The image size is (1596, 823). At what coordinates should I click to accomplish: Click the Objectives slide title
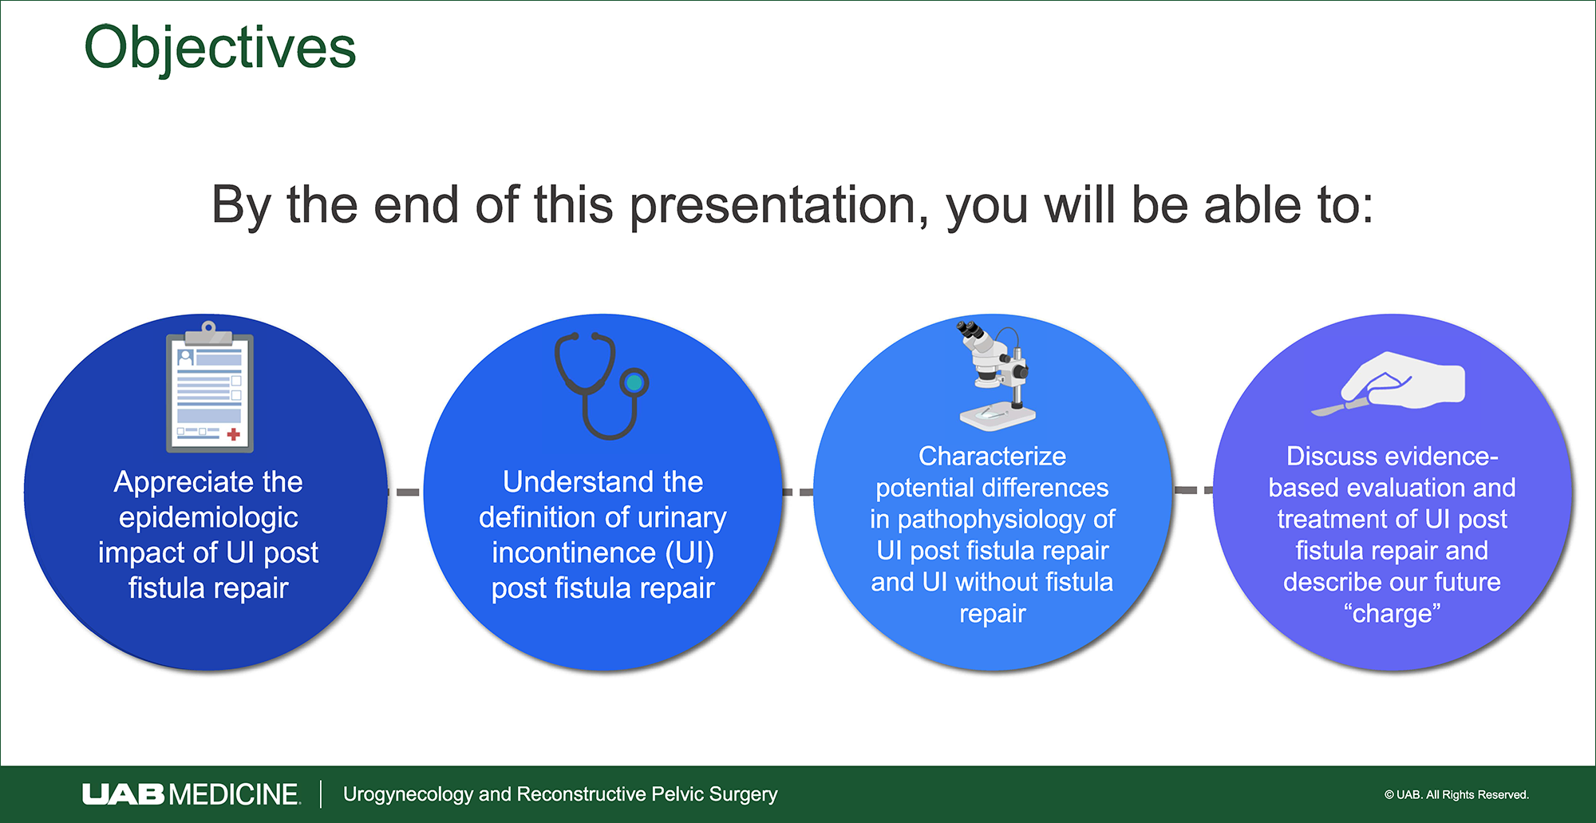click(219, 49)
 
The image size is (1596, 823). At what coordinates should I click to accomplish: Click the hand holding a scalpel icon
click(1388, 384)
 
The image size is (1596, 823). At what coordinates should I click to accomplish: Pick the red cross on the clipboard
click(234, 434)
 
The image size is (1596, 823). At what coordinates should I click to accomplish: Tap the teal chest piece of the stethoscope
click(634, 383)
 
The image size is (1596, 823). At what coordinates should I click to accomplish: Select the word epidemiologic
click(208, 518)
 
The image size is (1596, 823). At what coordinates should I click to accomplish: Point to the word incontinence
click(574, 552)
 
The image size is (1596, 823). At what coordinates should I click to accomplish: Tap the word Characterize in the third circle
click(992, 456)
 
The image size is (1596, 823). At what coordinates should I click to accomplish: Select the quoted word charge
click(1392, 614)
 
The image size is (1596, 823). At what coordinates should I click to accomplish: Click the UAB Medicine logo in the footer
click(191, 794)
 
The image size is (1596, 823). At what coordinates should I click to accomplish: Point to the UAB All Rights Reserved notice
click(1456, 794)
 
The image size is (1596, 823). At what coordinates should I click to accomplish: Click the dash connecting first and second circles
click(405, 492)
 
